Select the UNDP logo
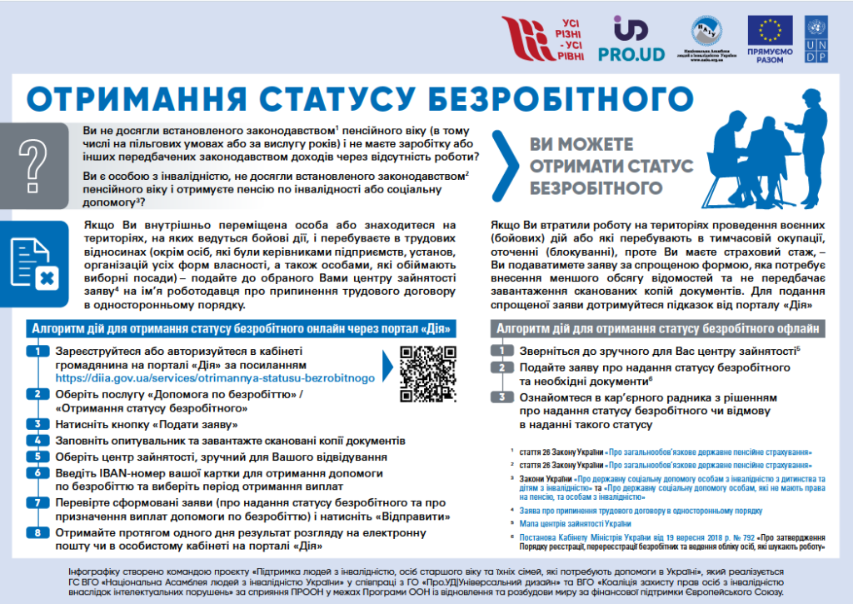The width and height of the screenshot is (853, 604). pyautogui.click(x=816, y=39)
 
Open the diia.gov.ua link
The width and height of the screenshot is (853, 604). pyautogui.click(x=215, y=378)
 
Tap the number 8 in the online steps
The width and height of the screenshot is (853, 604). pyautogui.click(x=37, y=533)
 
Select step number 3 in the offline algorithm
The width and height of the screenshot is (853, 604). pyautogui.click(x=501, y=397)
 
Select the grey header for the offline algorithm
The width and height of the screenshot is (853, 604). pyautogui.click(x=658, y=328)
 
